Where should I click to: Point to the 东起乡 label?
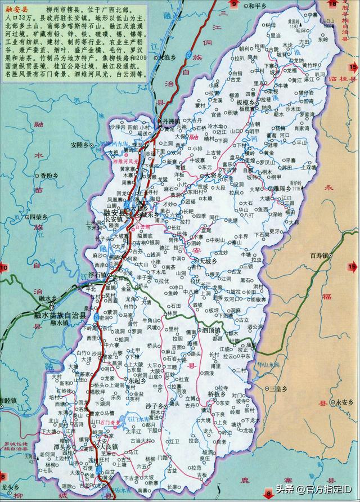(x=137, y=380)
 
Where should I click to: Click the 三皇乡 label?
(x=280, y=389)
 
